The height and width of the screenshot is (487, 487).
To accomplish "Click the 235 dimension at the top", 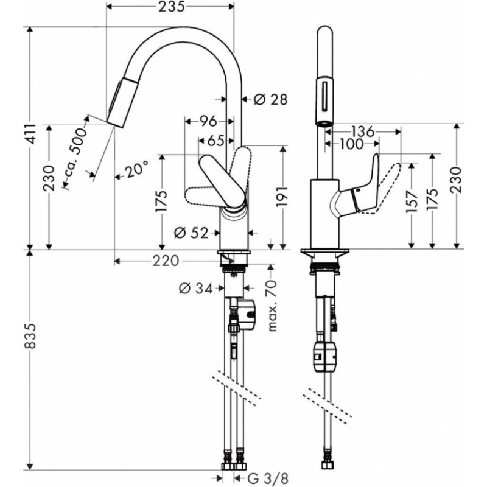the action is pos(172,7).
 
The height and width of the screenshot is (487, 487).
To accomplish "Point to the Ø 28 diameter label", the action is pos(270,99).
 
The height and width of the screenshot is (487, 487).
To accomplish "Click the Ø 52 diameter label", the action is pos(191,233).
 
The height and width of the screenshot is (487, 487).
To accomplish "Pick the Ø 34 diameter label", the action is pos(195,289).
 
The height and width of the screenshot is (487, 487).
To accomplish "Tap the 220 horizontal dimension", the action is pos(166,261).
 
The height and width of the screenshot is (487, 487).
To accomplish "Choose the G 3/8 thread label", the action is pos(262,478).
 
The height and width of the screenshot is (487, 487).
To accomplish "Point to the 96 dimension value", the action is pos(208,121).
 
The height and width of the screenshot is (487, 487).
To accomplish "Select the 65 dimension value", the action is pos(215,141).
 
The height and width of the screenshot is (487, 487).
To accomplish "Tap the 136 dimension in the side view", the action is pos(363,131).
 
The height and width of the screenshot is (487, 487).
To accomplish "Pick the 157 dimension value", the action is pos(412,202).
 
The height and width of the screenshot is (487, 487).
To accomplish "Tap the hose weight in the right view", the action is pos(325,357).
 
